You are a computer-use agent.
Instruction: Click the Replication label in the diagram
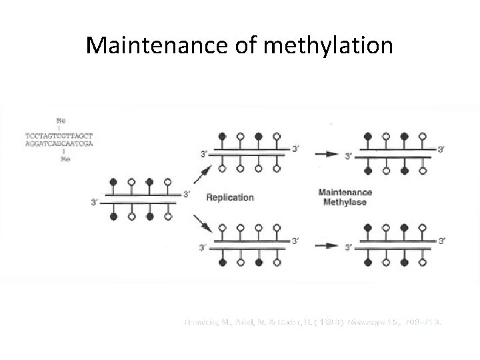(x=230, y=197)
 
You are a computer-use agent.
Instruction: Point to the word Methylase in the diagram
(x=345, y=202)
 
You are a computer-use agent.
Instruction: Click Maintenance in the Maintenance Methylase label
(x=345, y=192)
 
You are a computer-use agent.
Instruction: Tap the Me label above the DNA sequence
(x=61, y=120)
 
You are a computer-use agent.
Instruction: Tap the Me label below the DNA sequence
(x=65, y=159)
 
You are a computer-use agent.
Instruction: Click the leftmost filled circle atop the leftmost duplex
(x=113, y=181)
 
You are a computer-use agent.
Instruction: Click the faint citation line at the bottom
(x=313, y=322)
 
